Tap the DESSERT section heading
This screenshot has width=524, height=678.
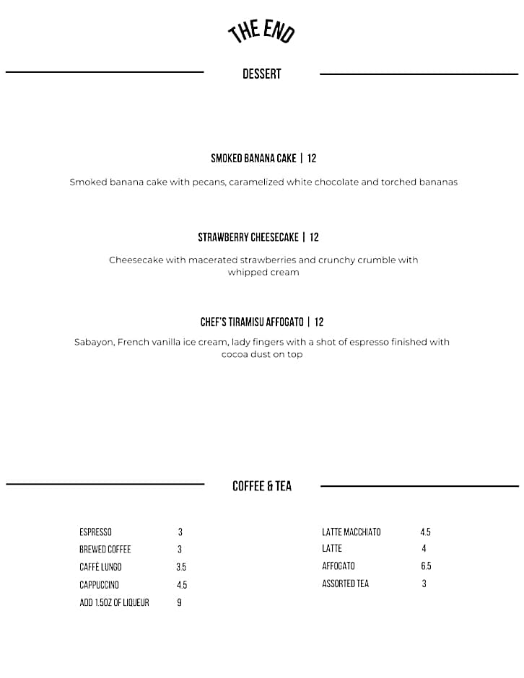[x=261, y=74]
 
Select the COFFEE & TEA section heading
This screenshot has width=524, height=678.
[x=262, y=486]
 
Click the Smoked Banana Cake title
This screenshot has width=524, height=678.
[x=253, y=158]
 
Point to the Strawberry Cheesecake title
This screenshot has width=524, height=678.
[x=248, y=237]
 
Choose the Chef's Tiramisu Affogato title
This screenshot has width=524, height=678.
[x=252, y=322]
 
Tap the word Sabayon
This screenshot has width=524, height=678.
[x=94, y=342]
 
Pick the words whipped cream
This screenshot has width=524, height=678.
[x=263, y=273]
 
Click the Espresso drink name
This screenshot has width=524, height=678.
[x=95, y=532]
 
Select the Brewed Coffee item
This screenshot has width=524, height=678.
[x=105, y=550]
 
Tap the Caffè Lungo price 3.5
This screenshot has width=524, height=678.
[x=181, y=567]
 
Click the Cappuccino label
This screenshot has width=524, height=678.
[x=99, y=585]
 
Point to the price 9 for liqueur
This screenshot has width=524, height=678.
[x=179, y=602]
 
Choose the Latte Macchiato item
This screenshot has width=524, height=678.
[x=351, y=532]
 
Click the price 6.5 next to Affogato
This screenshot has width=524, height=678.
[x=426, y=566]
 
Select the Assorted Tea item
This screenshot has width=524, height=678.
[x=345, y=584]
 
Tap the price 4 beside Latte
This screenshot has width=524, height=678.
[x=424, y=549]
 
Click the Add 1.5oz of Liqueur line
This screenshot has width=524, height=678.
[x=114, y=602]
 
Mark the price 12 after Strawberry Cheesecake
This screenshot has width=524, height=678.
[x=315, y=237]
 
